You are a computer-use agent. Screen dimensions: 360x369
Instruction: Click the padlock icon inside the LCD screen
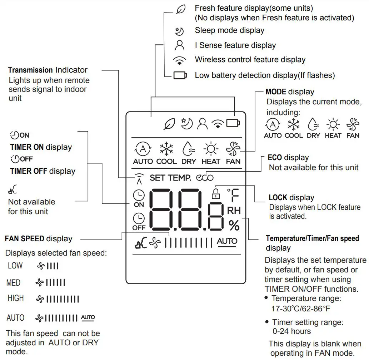tap(215, 193)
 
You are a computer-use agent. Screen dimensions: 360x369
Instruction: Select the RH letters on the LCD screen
tap(234, 211)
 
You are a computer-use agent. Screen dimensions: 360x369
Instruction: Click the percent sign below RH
tap(234, 225)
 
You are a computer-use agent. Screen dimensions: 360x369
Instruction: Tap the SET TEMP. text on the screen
tap(170, 177)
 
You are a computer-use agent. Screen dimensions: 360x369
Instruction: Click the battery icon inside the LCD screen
tap(233, 123)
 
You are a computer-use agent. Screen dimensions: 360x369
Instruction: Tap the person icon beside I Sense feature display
tap(180, 45)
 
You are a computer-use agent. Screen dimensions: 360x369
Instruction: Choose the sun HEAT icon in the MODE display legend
tap(333, 124)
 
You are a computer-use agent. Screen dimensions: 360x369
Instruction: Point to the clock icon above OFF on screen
tap(139, 218)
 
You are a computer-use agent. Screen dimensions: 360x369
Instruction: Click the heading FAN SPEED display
tap(39, 239)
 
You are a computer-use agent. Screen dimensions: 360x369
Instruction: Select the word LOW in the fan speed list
tap(15, 266)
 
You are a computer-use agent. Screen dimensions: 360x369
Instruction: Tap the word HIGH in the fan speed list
tap(16, 298)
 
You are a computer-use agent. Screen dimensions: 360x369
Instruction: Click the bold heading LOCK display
tap(291, 198)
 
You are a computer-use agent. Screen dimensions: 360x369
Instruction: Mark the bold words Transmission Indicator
tap(48, 70)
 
